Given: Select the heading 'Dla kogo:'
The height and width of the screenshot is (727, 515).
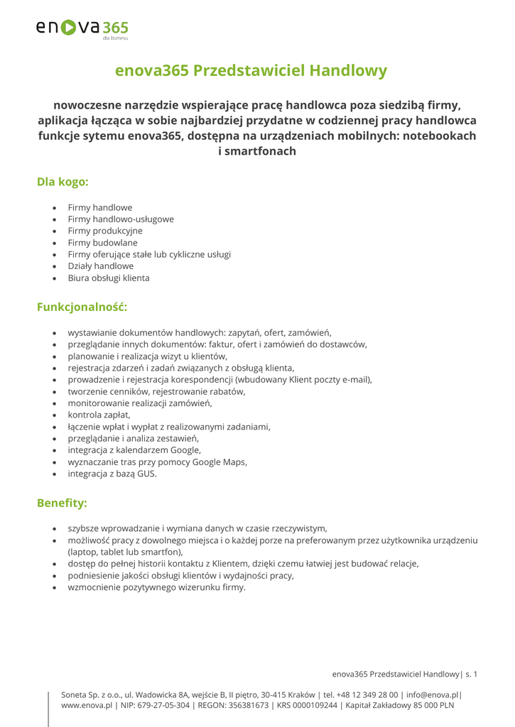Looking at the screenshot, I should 63,182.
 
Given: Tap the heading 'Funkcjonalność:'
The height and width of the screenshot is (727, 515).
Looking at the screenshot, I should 82,307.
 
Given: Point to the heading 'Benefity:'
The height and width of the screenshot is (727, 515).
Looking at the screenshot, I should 62,503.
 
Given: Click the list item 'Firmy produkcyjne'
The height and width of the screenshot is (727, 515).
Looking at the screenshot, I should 105,231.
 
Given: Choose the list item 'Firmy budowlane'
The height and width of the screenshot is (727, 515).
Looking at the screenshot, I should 103,243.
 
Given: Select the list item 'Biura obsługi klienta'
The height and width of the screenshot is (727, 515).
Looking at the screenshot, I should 109,278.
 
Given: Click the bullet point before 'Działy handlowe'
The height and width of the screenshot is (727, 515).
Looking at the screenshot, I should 55,266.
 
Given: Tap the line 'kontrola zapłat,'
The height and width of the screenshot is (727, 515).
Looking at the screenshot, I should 99,414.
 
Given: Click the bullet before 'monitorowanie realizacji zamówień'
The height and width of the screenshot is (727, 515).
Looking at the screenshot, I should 55,403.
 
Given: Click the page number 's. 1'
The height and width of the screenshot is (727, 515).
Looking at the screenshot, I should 471,673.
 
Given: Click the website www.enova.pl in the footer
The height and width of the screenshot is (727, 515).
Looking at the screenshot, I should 87,706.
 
